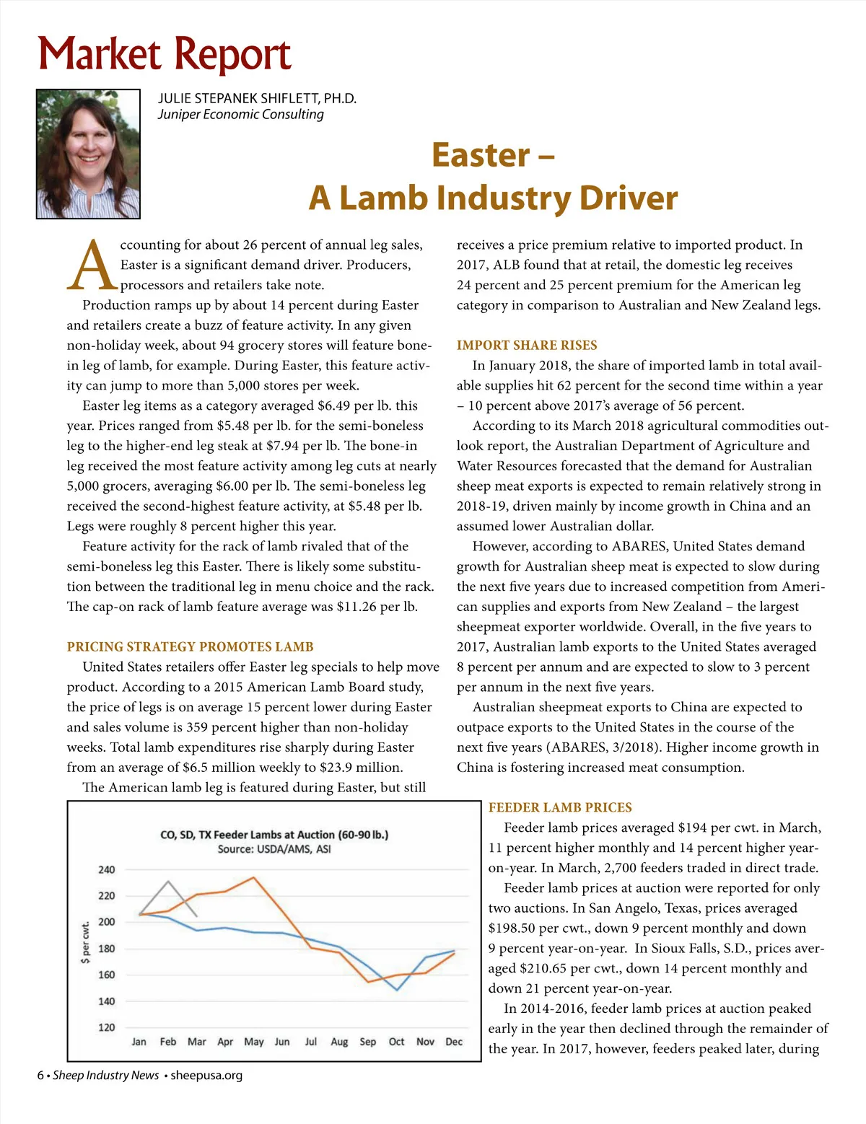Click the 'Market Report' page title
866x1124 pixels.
click(165, 55)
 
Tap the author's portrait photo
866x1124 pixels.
click(88, 154)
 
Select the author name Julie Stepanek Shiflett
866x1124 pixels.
click(257, 98)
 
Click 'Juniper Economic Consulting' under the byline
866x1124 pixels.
click(241, 114)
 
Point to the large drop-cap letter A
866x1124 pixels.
click(92, 265)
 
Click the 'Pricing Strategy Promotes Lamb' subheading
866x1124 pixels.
click(190, 646)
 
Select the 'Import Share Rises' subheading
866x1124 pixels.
click(527, 345)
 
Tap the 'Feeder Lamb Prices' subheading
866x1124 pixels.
click(560, 807)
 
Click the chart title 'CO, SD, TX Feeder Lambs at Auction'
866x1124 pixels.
click(274, 835)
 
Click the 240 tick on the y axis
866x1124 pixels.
click(106, 870)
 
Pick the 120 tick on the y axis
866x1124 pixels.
click(106, 1027)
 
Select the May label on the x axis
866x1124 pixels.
click(254, 1042)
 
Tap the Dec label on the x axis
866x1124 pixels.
click(454, 1042)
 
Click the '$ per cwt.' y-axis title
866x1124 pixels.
click(86, 942)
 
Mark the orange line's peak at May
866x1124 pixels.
click(253, 878)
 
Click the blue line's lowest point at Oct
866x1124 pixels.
click(397, 990)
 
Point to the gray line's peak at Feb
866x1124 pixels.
click(168, 882)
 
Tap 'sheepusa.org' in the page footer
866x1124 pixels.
click(206, 1075)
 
